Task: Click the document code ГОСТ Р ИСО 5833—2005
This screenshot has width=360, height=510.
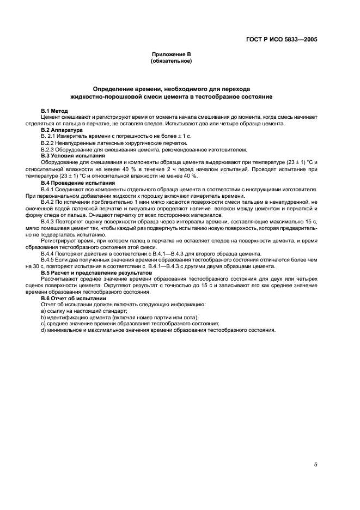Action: pos(282,39)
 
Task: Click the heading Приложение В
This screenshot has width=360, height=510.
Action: pos(171,55)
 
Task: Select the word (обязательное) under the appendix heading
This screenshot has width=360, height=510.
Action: pos(171,61)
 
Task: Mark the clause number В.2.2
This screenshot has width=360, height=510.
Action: pos(48,143)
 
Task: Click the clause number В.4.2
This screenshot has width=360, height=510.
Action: pos(48,202)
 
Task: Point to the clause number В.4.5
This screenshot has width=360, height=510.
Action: pos(48,260)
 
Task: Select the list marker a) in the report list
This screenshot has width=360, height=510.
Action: pos(44,311)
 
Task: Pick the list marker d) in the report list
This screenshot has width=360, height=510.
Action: pos(44,330)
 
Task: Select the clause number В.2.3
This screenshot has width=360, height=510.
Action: pos(48,150)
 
